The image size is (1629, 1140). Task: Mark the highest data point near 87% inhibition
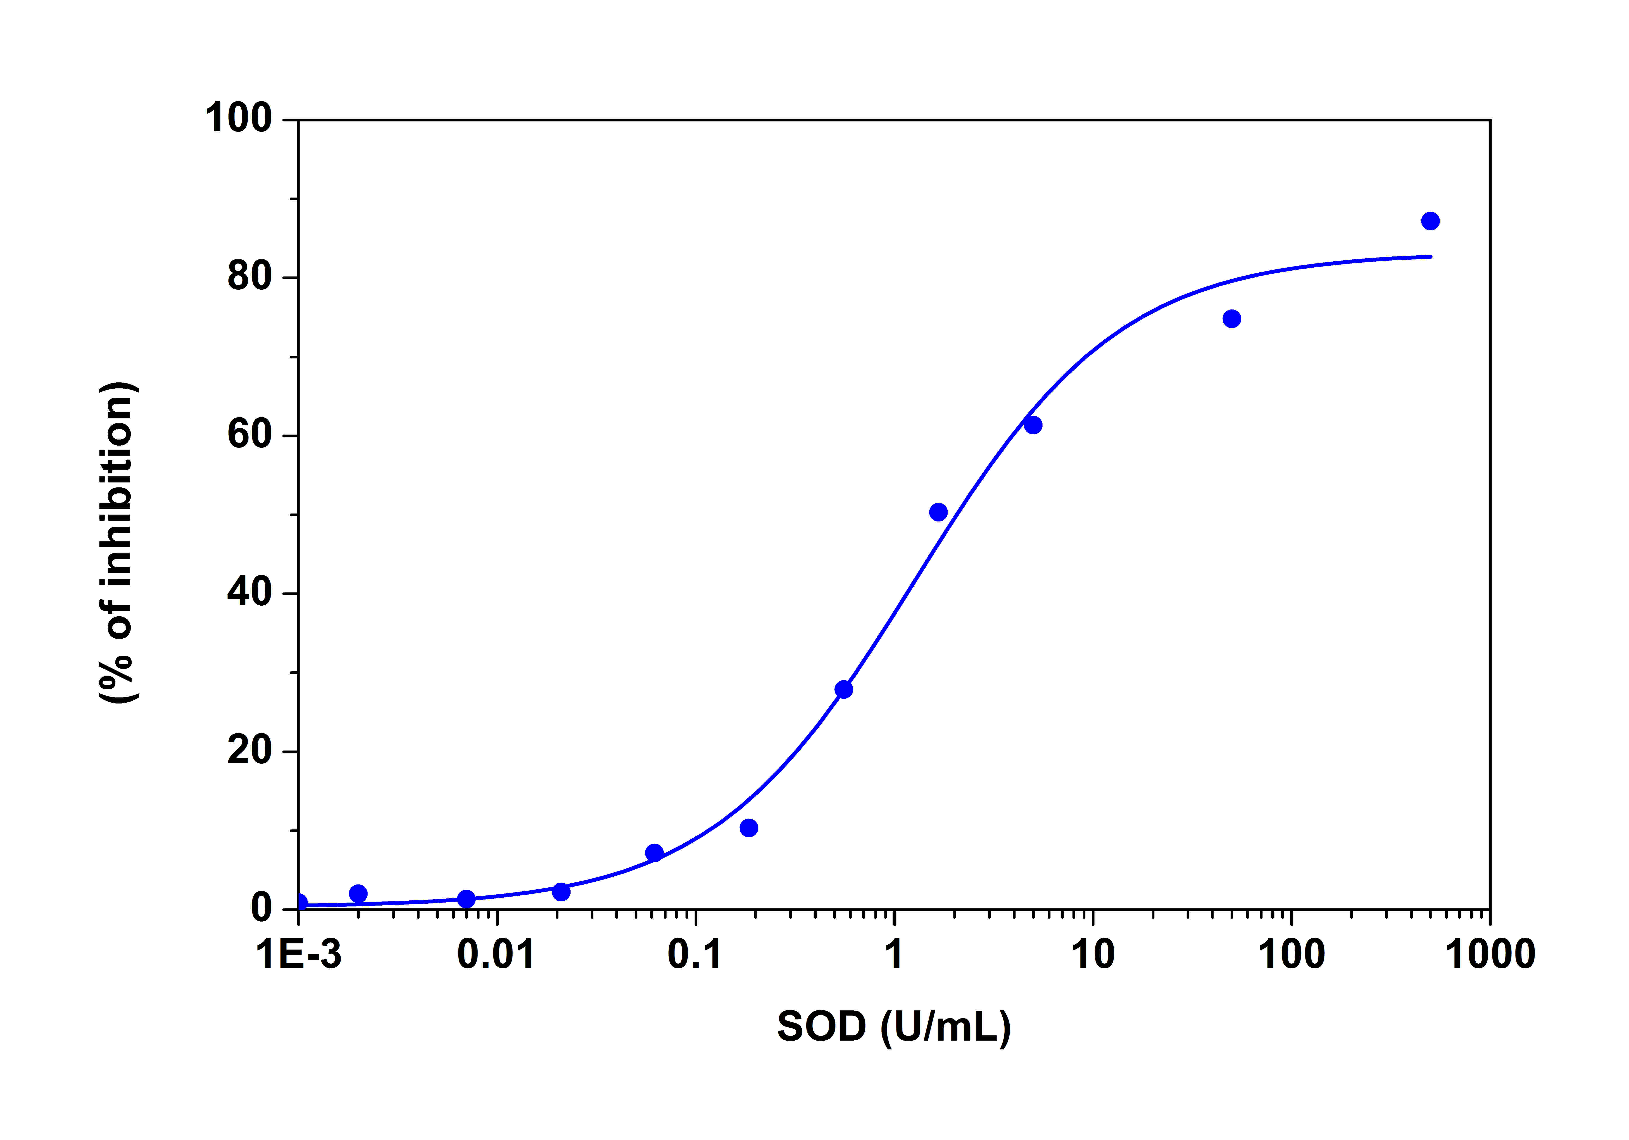[1430, 221]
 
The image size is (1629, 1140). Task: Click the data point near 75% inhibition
[1232, 319]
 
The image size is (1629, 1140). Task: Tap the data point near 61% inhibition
[1033, 425]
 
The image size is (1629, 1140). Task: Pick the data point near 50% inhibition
[938, 512]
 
